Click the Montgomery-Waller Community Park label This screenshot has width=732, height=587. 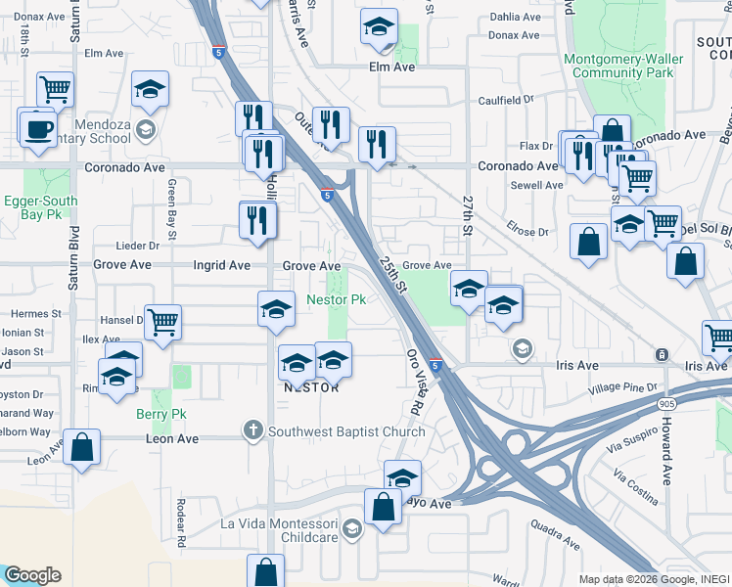click(x=621, y=66)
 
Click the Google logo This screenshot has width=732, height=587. click(x=32, y=575)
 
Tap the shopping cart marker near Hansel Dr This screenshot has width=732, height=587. click(x=163, y=321)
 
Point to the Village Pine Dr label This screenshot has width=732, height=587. click(x=623, y=388)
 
